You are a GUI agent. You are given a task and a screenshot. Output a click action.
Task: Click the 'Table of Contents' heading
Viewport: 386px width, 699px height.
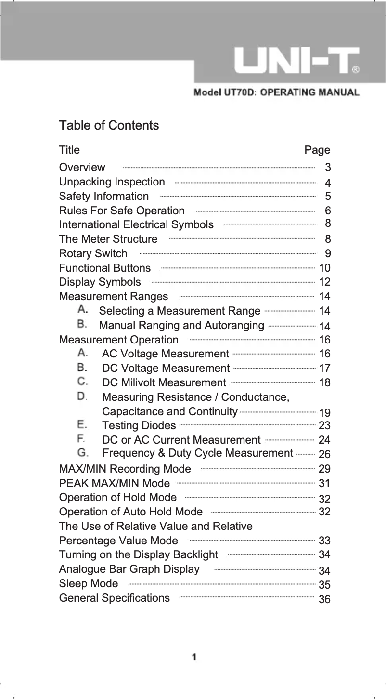(109, 126)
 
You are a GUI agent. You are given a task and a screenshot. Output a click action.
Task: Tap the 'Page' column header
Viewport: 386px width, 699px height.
(317, 150)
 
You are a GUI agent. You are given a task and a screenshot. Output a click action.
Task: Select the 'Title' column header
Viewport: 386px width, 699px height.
(69, 150)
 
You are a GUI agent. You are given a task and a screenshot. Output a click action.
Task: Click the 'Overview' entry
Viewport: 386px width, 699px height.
(82, 168)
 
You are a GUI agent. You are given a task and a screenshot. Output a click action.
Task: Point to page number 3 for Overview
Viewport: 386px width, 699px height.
(328, 168)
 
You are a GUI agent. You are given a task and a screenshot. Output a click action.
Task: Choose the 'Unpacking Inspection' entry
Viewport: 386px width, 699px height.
(112, 182)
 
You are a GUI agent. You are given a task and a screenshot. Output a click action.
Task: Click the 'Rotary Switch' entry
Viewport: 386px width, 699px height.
(93, 253)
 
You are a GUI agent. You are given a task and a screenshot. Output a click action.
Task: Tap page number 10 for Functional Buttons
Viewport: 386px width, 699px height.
(325, 268)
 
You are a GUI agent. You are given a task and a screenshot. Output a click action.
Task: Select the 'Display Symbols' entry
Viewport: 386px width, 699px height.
(100, 282)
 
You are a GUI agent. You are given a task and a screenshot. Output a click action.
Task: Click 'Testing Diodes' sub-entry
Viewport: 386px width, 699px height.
(139, 426)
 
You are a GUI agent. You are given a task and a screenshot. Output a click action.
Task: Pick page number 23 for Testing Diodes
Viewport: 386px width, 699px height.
(325, 425)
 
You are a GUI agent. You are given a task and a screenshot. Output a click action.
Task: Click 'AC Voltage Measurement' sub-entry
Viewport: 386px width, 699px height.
(166, 354)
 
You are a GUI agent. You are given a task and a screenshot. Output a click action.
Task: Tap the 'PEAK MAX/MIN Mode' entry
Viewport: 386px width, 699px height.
(114, 483)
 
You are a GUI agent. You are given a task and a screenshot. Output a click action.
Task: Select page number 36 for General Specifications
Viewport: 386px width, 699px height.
(325, 599)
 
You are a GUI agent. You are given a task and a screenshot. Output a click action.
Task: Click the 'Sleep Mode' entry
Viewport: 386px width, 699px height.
(88, 584)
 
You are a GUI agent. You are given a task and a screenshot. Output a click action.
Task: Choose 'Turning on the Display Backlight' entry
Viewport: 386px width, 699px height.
(138, 555)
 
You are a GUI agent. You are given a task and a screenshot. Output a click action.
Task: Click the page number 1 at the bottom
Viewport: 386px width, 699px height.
(194, 657)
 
